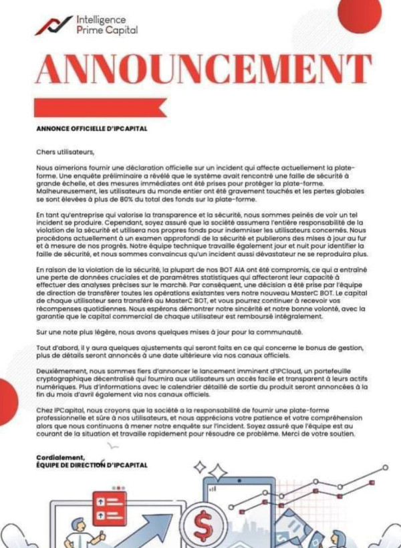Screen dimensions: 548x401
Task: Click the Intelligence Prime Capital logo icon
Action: point(53,25)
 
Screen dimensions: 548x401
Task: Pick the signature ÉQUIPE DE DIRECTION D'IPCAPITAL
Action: point(92,465)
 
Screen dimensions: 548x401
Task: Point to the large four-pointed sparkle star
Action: point(218,472)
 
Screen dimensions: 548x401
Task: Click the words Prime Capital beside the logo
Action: point(107,30)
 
